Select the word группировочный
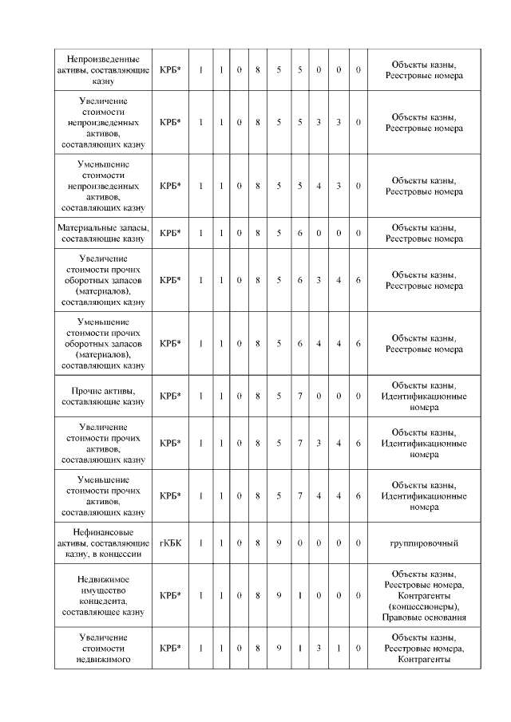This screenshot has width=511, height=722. click(x=423, y=542)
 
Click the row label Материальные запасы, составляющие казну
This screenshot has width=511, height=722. click(x=104, y=233)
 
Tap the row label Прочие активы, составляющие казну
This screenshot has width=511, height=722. click(x=104, y=397)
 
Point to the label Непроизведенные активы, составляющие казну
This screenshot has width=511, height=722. click(x=104, y=70)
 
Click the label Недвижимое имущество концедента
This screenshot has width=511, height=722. click(x=104, y=595)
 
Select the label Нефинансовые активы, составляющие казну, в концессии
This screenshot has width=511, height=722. click(x=104, y=542)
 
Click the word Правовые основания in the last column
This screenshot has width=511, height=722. click(x=423, y=617)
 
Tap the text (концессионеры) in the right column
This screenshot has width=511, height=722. click(x=423, y=606)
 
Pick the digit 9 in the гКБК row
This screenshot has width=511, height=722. click(x=279, y=542)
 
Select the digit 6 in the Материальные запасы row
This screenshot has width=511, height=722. click(x=299, y=233)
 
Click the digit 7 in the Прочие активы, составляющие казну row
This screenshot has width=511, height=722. click(x=299, y=397)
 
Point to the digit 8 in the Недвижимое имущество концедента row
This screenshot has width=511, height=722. click(x=259, y=595)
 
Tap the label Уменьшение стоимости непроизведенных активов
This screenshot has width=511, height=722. click(x=104, y=186)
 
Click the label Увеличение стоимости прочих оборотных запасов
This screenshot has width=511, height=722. click(x=104, y=280)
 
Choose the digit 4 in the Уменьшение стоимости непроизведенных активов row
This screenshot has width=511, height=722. click(x=319, y=186)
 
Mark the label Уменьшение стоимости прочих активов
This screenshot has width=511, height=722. click(x=104, y=495)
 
